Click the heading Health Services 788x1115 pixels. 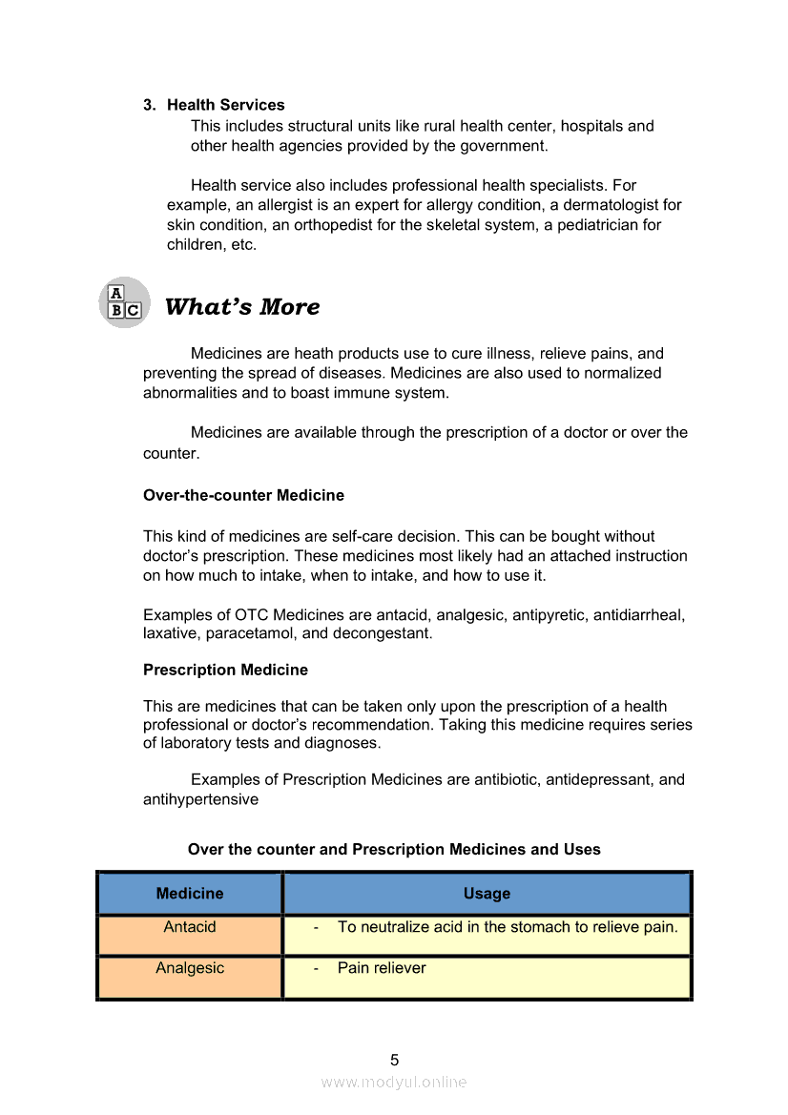click(225, 105)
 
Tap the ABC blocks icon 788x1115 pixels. click(124, 302)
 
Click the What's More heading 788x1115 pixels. click(242, 307)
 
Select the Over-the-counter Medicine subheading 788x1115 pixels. click(243, 496)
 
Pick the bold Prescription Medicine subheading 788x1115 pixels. click(225, 671)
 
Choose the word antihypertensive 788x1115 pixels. click(200, 800)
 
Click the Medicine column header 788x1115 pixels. click(190, 894)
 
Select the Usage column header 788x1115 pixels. click(487, 894)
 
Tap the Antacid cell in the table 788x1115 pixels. click(190, 927)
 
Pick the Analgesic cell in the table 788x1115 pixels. click(190, 968)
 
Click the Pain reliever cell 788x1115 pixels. click(382, 968)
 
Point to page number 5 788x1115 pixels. click(394, 1060)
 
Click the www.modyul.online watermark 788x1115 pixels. click(394, 1083)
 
